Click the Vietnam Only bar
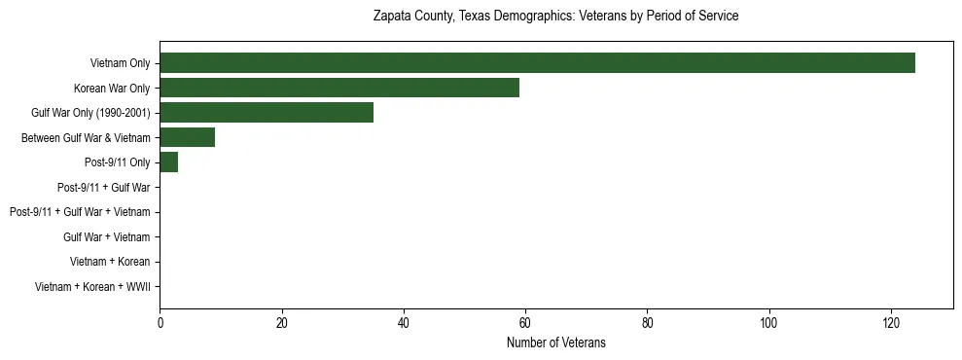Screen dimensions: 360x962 tap(537, 63)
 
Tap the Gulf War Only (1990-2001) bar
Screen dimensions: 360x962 tap(267, 113)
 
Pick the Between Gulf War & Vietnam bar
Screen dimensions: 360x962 tap(187, 138)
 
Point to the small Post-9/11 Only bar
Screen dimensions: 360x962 tap(168, 162)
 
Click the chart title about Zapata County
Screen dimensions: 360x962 tap(555, 17)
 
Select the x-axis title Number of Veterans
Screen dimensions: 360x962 tap(555, 342)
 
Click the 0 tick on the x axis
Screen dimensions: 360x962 tap(160, 324)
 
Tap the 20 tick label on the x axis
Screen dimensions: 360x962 tap(281, 324)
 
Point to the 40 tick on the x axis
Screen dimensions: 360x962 tap(404, 324)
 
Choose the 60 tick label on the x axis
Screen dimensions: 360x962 tap(525, 324)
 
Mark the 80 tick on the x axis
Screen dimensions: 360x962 tap(647, 324)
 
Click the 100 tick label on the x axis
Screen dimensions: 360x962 tap(769, 324)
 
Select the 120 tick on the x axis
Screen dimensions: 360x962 tap(891, 324)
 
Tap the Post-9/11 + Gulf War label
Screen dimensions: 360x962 tap(103, 188)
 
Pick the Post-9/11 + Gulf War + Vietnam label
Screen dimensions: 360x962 tap(80, 212)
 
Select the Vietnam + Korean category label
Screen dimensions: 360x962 tap(110, 262)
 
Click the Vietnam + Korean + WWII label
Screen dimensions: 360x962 tap(92, 287)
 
